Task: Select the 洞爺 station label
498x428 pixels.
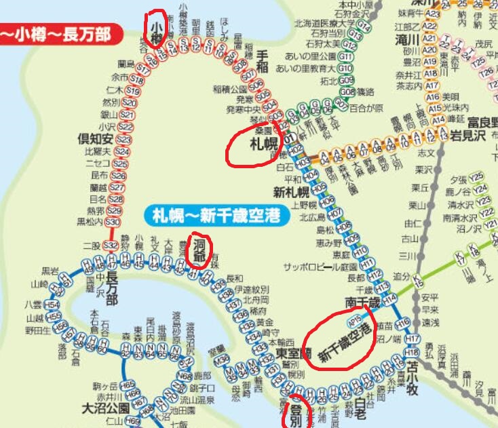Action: coord(199,250)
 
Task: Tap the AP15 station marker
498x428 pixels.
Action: coord(353,317)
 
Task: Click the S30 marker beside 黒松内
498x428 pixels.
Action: coord(113,222)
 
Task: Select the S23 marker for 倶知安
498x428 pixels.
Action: coord(122,139)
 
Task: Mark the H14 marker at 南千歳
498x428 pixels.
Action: coord(389,297)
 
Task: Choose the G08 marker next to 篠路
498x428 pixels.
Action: coord(347,92)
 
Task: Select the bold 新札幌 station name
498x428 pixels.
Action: coord(286,191)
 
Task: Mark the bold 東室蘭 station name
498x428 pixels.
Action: coord(293,353)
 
